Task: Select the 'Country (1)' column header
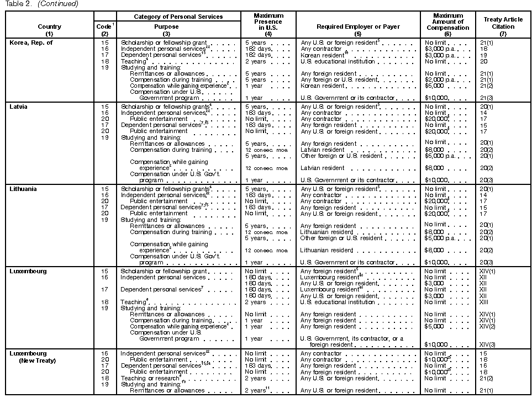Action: tap(50, 30)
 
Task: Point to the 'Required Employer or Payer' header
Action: tap(358, 26)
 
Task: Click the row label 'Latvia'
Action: tap(19, 107)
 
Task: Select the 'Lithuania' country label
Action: tap(23, 189)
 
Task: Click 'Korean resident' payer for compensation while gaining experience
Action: tap(322, 86)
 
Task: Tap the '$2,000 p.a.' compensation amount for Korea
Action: tap(440, 79)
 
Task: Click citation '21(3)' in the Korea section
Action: tap(487, 98)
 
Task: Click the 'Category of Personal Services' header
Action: tap(178, 17)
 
